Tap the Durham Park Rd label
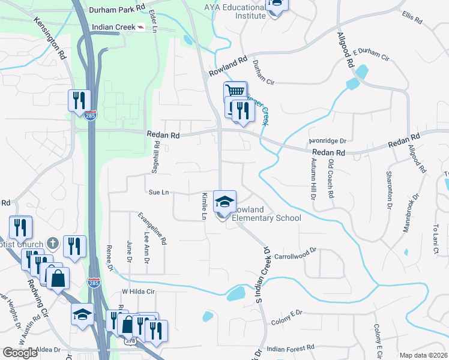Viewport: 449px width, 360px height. click(x=117, y=10)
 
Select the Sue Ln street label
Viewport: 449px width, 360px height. click(x=158, y=193)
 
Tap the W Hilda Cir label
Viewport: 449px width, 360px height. click(x=139, y=291)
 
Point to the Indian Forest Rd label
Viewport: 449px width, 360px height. click(x=291, y=348)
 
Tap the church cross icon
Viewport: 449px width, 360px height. click(x=53, y=243)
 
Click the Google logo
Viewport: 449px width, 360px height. click(x=20, y=353)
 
